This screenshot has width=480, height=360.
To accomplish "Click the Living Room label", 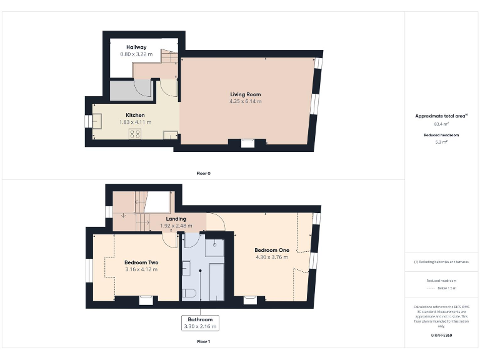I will click(x=245, y=94).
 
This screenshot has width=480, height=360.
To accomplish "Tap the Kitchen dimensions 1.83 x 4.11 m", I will click(x=136, y=122).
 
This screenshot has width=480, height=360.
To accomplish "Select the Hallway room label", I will click(x=136, y=47).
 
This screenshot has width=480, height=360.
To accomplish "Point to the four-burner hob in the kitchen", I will click(x=135, y=134).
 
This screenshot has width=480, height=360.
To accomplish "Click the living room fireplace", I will click(x=248, y=143).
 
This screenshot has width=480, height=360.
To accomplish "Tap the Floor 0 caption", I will click(x=203, y=173).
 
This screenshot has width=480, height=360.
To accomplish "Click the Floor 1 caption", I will click(x=203, y=342).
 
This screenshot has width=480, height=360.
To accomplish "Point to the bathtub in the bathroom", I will click(x=216, y=281).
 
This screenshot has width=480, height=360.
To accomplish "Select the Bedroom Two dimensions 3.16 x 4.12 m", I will click(x=141, y=269).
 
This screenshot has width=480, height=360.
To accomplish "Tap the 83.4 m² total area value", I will click(x=441, y=124).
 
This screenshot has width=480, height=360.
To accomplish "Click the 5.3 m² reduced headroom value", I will click(x=441, y=142).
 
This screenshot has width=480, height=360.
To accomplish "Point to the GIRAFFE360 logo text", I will click(x=441, y=336).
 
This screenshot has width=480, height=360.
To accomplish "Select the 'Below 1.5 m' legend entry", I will click(x=441, y=288).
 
